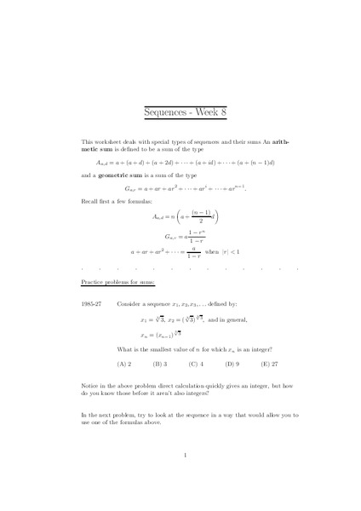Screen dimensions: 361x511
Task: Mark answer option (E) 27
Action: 270,363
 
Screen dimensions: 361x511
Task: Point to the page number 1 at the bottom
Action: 185,456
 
